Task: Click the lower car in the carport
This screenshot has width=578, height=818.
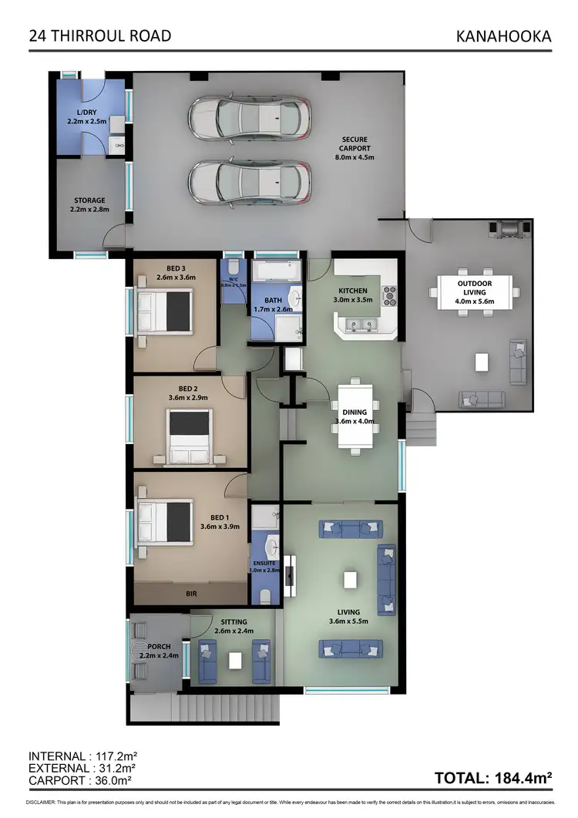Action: click(250, 183)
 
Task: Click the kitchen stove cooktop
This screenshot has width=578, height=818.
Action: click(389, 294)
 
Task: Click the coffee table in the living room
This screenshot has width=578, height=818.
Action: click(351, 579)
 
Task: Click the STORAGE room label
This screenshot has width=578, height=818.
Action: click(89, 200)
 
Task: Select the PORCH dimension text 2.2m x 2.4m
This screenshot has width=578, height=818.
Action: click(159, 656)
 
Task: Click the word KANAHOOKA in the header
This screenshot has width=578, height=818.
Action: click(504, 35)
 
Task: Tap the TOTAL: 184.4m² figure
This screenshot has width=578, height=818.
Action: click(493, 778)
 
